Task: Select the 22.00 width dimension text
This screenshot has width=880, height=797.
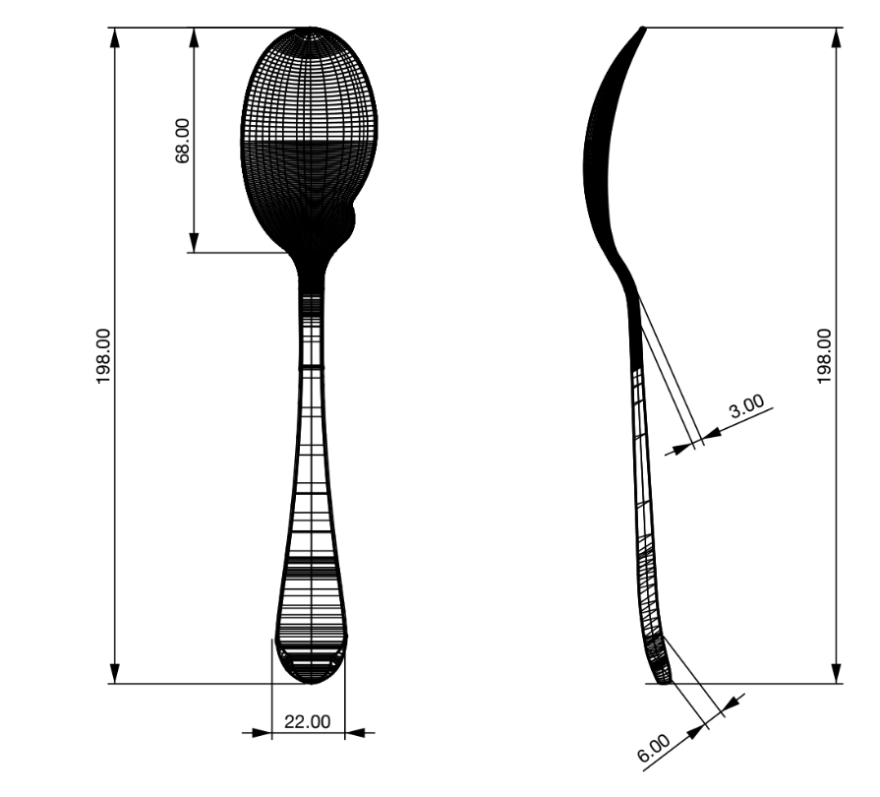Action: [308, 721]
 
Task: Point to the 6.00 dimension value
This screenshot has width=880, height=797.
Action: [653, 749]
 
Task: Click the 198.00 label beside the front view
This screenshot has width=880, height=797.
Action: [104, 355]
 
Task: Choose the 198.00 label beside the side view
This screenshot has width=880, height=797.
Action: [826, 355]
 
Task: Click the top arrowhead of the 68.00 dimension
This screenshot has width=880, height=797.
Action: [194, 37]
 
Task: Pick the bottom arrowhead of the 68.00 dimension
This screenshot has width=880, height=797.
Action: [194, 243]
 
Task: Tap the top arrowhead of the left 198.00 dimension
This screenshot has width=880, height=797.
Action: [116, 37]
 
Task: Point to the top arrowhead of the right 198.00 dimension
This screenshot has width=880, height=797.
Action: [837, 37]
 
